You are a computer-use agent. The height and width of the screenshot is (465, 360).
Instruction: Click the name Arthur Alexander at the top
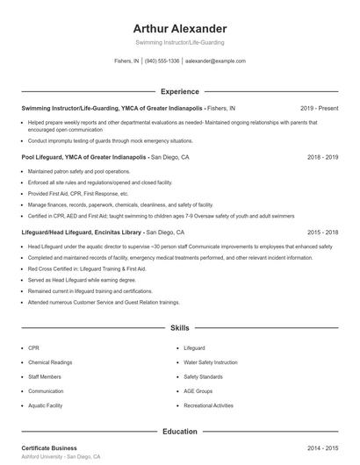tap(180, 29)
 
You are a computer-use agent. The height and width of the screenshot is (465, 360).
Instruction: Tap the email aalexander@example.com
tap(215, 61)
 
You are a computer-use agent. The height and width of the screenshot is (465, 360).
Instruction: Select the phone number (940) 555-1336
tap(162, 61)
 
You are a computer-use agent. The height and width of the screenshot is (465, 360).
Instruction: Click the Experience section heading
tap(180, 91)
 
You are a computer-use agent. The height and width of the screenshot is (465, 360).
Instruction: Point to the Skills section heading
tap(180, 328)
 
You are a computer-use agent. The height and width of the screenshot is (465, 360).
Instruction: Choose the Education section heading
tap(180, 432)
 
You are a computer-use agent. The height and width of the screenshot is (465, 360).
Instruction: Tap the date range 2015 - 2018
tap(323, 232)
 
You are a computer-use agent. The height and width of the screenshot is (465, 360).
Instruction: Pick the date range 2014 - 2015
tap(323, 447)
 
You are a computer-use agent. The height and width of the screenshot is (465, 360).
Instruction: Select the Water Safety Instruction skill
tap(211, 361)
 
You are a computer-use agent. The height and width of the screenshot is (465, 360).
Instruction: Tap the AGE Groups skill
tap(198, 390)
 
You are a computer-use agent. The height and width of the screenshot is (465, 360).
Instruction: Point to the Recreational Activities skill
tap(209, 405)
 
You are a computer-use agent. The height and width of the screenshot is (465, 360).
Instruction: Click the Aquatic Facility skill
tap(47, 405)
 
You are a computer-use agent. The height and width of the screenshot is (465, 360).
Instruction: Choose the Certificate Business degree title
tap(49, 447)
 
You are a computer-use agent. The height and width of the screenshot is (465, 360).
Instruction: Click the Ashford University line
tap(61, 457)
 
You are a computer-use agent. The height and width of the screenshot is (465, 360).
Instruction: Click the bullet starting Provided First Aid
tap(78, 193)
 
